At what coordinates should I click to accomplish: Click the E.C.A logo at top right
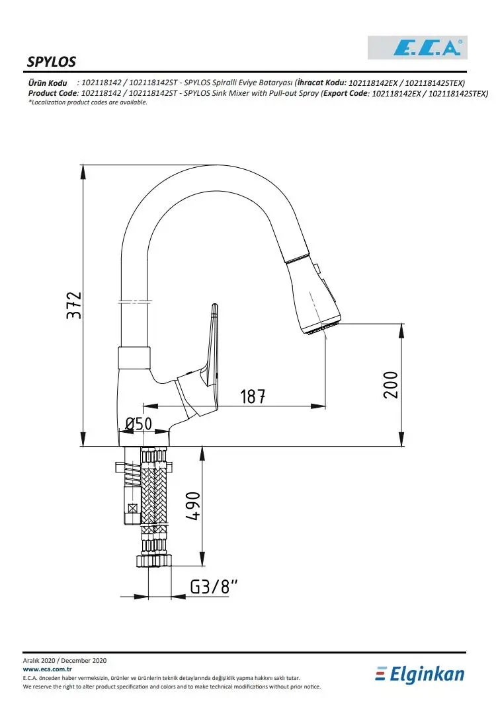(417, 47)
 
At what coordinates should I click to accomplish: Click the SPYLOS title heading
(52, 61)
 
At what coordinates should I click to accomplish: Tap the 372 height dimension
(74, 305)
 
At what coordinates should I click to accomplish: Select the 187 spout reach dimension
(253, 396)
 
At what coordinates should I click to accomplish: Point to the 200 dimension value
(391, 385)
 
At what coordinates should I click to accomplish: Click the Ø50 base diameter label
(139, 424)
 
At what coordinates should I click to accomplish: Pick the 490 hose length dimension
(192, 506)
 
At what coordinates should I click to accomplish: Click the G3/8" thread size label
(214, 587)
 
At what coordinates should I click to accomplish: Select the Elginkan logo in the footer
(420, 674)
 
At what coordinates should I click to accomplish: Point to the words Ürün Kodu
(48, 83)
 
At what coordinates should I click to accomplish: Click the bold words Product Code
(53, 93)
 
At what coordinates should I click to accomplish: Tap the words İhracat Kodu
(322, 83)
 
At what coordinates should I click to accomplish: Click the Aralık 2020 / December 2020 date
(65, 661)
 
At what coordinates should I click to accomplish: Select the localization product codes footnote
(88, 102)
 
